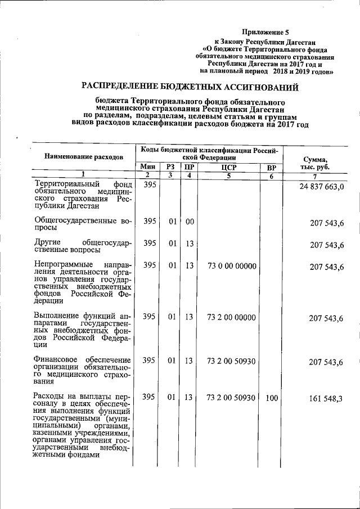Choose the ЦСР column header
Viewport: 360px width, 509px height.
point(228,166)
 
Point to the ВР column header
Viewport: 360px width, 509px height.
point(271,166)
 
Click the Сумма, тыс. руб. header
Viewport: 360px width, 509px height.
point(319,163)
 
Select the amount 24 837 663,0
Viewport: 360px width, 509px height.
point(319,187)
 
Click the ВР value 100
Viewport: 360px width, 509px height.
point(272,398)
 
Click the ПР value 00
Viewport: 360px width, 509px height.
point(190,222)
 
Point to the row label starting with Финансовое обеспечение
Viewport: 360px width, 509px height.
point(83,370)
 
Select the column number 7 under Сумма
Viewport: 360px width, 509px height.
point(319,175)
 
